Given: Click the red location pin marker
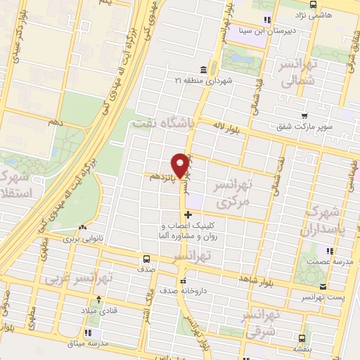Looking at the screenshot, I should pyautogui.click(x=181, y=165).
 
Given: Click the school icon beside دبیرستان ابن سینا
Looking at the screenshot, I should pyautogui.click(x=266, y=20).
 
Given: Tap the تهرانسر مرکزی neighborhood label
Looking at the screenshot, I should pyautogui.click(x=232, y=193).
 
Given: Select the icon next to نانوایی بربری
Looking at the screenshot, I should pyautogui.click(x=83, y=228).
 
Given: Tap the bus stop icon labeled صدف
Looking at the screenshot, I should pyautogui.click(x=146, y=258).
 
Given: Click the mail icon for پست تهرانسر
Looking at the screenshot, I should pyautogui.click(x=323, y=286).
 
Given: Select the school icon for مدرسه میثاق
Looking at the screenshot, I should pyautogui.click(x=89, y=333).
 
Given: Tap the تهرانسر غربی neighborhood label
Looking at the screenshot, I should pyautogui.click(x=79, y=277).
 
